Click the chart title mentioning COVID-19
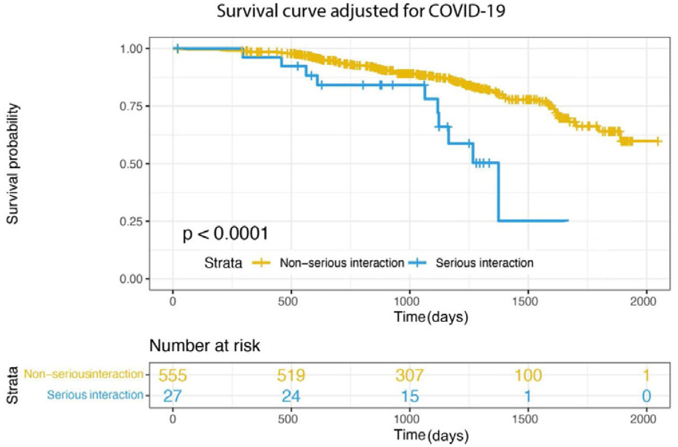[x=361, y=11]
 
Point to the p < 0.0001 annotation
[x=225, y=234]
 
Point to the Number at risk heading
[x=205, y=346]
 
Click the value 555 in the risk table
[x=173, y=375]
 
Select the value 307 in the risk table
[x=409, y=375]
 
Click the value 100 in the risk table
[x=528, y=375]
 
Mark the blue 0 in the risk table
[x=646, y=396]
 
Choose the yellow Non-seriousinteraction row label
[x=85, y=374]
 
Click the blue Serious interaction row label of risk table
[x=96, y=396]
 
